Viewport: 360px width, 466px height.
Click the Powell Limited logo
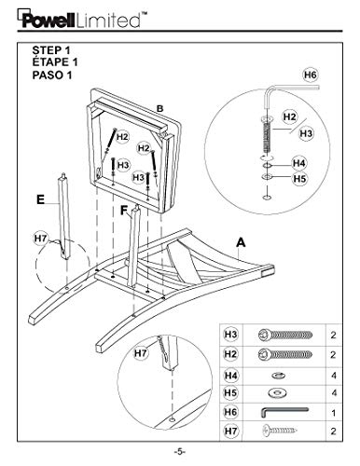(x=82, y=20)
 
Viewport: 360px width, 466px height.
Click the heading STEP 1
(x=51, y=50)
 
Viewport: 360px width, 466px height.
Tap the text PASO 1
(x=52, y=75)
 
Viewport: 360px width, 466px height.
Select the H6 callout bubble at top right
(x=311, y=75)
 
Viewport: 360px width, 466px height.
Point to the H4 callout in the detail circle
(x=299, y=163)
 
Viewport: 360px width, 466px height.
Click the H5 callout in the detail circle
(x=299, y=179)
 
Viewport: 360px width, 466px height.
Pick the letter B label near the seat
(x=159, y=109)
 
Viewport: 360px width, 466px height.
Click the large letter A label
(x=241, y=242)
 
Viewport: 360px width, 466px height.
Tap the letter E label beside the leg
(x=41, y=199)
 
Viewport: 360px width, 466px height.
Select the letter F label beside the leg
(x=124, y=211)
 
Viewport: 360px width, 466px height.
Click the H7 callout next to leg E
(x=41, y=239)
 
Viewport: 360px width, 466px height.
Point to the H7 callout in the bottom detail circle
(x=141, y=353)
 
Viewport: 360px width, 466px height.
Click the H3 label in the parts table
(x=230, y=335)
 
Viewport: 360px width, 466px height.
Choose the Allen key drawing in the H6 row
(x=284, y=412)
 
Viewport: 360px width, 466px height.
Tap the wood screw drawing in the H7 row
(x=280, y=431)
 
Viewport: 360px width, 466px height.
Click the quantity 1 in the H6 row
(x=334, y=413)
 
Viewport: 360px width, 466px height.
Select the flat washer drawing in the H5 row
(x=277, y=393)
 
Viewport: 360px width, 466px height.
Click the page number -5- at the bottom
(x=180, y=451)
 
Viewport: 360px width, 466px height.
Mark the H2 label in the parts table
(x=230, y=354)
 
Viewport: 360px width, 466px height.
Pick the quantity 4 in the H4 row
(x=334, y=376)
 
